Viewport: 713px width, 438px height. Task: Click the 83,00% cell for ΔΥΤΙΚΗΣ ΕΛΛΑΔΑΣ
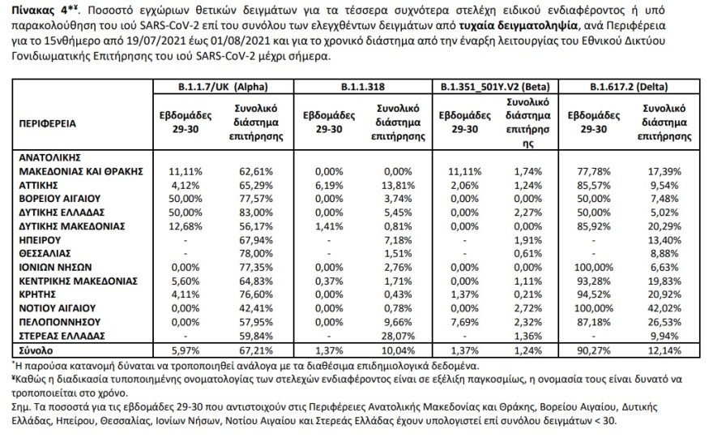[x=258, y=213]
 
